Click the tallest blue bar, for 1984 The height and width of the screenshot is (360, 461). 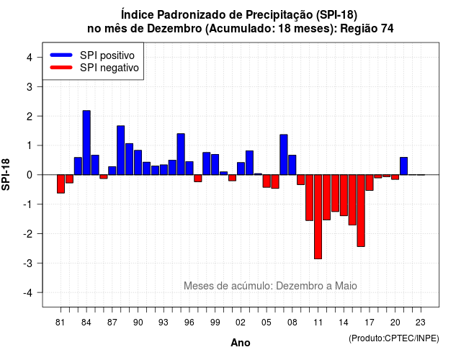click(x=86, y=143)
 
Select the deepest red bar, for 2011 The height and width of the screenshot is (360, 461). click(x=318, y=217)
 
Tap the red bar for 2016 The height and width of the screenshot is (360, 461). click(x=361, y=211)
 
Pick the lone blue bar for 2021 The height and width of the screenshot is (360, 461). click(x=403, y=166)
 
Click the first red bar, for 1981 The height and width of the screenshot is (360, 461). click(x=61, y=184)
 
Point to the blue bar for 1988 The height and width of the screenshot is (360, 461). click(x=120, y=150)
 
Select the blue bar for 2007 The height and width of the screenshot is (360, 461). click(x=283, y=155)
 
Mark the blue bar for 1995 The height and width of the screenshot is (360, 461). click(x=181, y=154)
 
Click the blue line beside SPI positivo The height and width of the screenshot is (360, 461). click(x=61, y=55)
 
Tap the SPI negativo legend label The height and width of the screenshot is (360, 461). click(x=109, y=68)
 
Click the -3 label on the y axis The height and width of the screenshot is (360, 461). click(x=28, y=263)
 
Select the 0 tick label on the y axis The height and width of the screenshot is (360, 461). click(x=30, y=175)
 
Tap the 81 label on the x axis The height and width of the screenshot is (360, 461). click(x=60, y=323)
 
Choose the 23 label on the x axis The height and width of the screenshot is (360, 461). click(x=421, y=323)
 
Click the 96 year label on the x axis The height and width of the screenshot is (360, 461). click(x=189, y=323)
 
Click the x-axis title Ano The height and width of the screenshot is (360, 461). click(x=241, y=343)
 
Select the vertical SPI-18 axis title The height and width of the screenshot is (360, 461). click(x=6, y=174)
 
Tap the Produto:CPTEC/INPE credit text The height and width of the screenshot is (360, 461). click(x=394, y=338)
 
